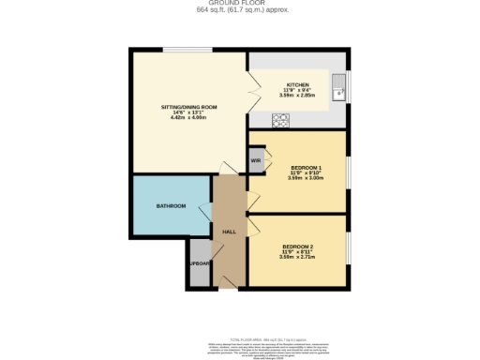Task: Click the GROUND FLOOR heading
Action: coord(239,4)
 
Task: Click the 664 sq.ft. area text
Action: coord(239,10)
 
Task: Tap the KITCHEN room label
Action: coord(297,83)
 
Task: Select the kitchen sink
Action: coord(342,92)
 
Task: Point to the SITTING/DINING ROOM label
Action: coord(189,107)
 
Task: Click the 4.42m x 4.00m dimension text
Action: coord(189,118)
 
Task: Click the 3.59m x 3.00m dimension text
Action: coord(307,178)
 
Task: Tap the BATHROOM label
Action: coord(171,206)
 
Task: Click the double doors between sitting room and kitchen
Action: coord(250,95)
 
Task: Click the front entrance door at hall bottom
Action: coord(228,280)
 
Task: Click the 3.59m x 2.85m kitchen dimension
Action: coord(297,96)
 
